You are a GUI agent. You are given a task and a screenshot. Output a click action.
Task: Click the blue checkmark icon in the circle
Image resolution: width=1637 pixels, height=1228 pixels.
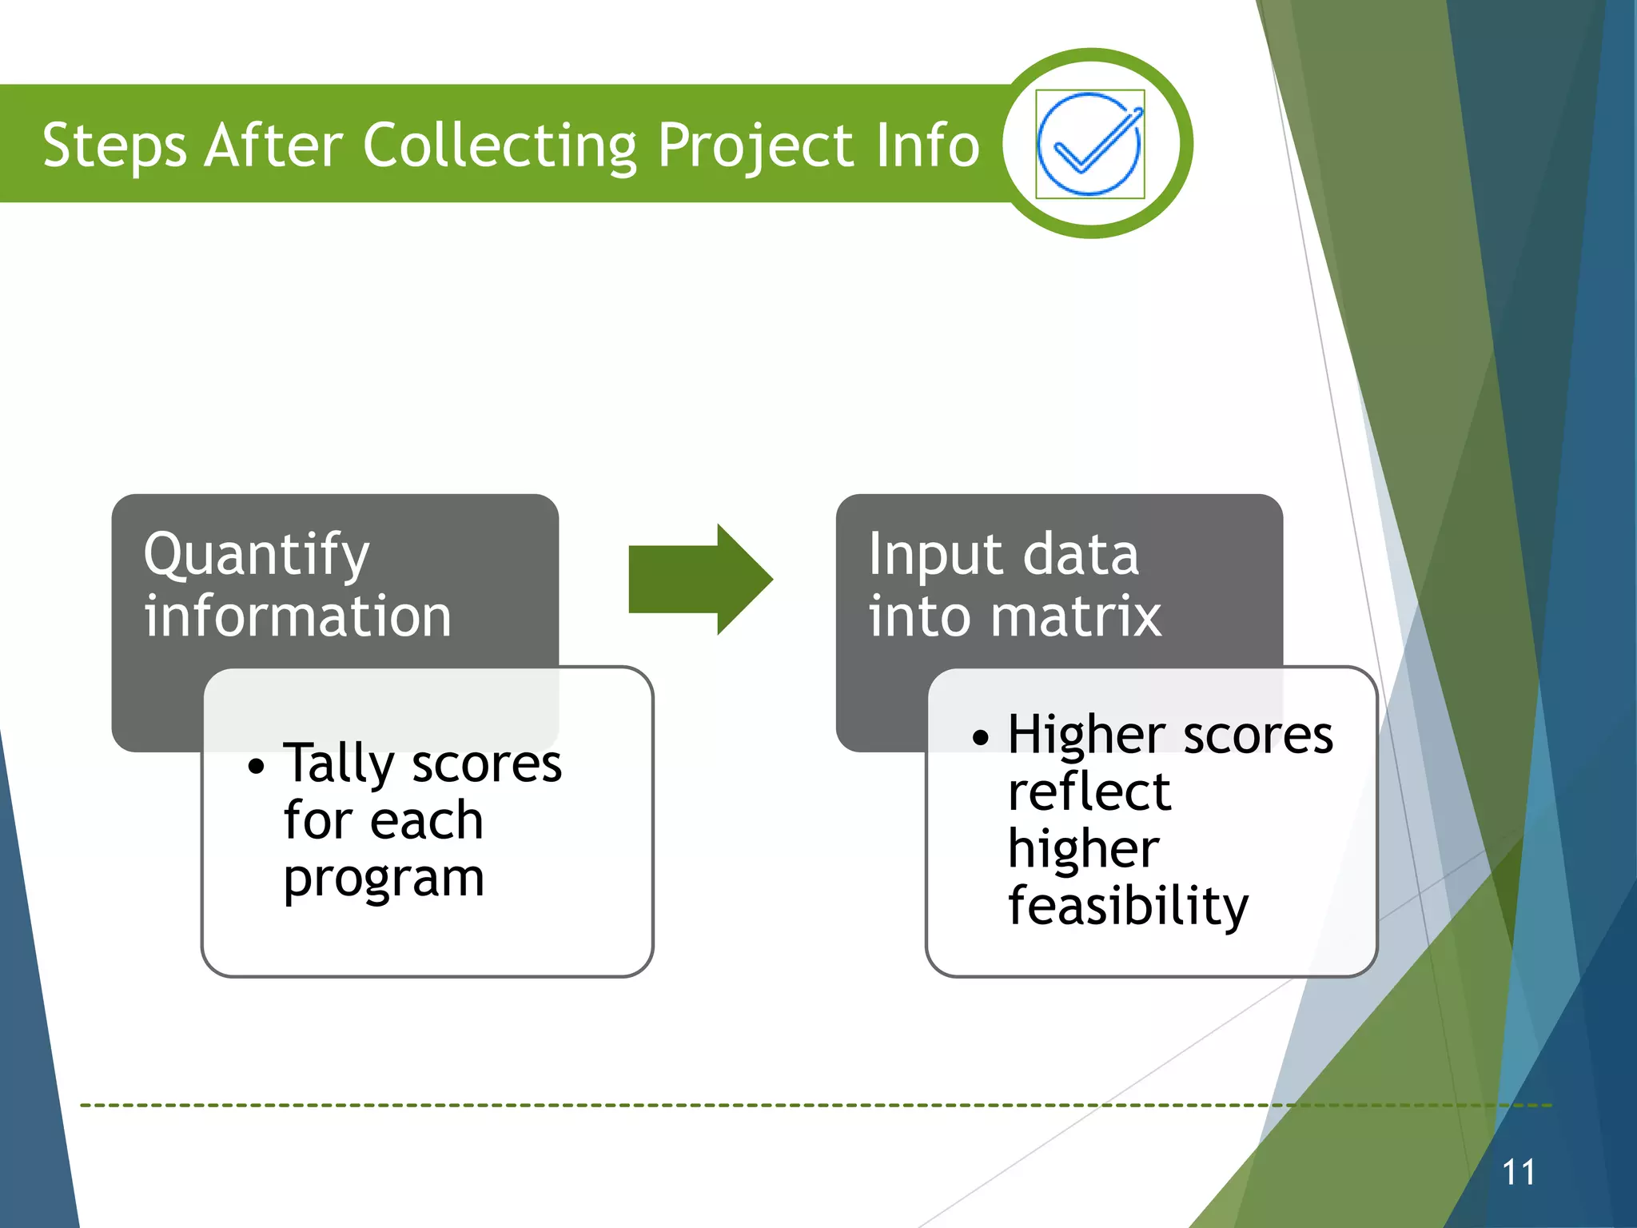(x=1089, y=145)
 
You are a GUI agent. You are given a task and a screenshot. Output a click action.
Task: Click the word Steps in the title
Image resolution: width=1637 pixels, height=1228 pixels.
(x=114, y=146)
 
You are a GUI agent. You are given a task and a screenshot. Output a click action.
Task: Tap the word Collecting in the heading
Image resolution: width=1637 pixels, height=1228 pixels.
(x=500, y=146)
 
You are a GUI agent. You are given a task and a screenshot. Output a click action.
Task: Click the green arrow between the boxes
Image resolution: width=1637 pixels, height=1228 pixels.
(x=700, y=580)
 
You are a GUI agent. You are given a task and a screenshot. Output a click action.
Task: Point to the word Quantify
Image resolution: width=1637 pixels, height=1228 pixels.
(x=257, y=556)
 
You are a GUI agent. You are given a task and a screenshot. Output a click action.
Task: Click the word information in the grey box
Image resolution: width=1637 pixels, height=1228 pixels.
(x=298, y=616)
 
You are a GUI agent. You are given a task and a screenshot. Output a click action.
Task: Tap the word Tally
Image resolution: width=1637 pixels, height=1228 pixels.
(x=339, y=764)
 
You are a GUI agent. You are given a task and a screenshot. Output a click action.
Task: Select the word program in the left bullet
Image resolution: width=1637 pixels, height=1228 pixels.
(x=384, y=879)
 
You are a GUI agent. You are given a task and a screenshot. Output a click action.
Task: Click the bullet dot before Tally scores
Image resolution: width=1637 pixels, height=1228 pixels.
(x=255, y=767)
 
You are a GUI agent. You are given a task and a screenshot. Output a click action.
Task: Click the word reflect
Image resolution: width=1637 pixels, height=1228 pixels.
(x=1089, y=792)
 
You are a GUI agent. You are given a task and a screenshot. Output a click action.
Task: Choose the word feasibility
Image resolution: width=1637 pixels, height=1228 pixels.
(x=1127, y=907)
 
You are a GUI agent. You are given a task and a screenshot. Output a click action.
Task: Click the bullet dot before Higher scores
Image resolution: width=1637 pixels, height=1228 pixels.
(x=980, y=737)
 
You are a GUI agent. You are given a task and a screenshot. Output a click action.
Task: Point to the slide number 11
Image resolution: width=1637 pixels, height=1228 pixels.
(x=1518, y=1173)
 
